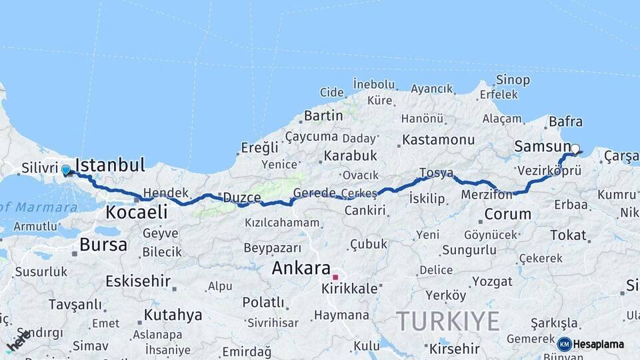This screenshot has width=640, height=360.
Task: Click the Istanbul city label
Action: click(x=110, y=165)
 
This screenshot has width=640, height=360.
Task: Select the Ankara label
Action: click(x=301, y=269)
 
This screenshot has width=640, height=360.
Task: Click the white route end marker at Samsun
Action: click(x=575, y=149)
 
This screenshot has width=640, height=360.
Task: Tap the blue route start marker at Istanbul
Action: click(x=66, y=170)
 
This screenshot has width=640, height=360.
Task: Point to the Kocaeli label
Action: click(x=136, y=213)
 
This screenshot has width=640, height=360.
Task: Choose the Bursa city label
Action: click(x=103, y=245)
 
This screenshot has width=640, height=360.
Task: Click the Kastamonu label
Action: click(x=438, y=140)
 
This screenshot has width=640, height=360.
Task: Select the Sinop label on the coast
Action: click(x=513, y=81)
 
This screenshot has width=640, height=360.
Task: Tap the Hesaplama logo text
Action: click(x=599, y=344)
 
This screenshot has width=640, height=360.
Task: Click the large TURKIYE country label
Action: click(x=448, y=321)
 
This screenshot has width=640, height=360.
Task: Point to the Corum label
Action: click(x=507, y=215)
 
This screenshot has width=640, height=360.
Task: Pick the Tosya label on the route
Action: click(x=436, y=173)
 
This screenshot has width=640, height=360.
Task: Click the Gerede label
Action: click(x=314, y=193)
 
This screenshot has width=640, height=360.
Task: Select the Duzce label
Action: click(x=241, y=197)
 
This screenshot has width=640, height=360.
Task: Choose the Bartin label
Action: click(x=323, y=116)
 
